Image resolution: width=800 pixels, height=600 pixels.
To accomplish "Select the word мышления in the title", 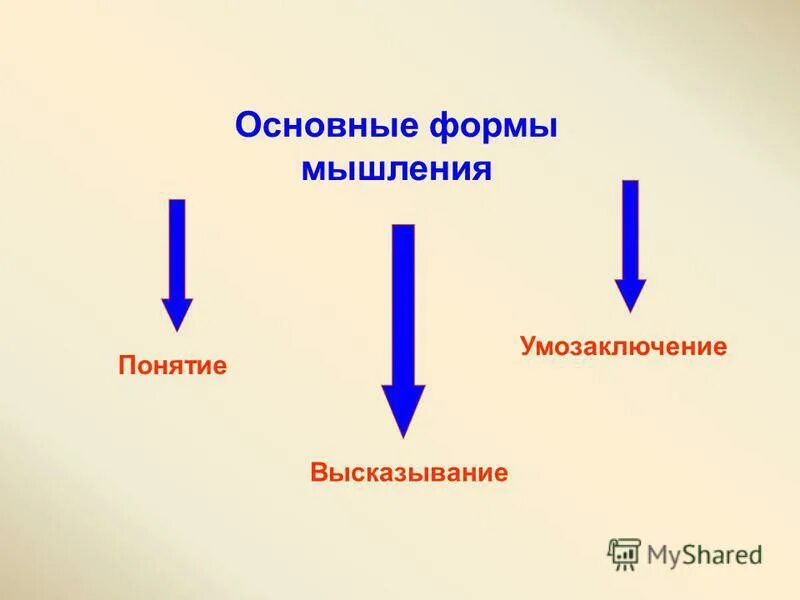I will point(397,167).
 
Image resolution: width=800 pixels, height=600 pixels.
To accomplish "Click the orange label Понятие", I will point(173,365).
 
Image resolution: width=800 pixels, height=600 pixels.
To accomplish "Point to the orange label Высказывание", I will point(409,471).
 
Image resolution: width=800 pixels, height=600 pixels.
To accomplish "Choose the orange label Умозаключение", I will point(622,347).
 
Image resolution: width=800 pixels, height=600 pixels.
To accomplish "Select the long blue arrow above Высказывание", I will point(403,320).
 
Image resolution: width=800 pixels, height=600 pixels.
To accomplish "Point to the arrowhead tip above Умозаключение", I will point(630,308).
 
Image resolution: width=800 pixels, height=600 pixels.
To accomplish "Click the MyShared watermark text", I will point(704,553).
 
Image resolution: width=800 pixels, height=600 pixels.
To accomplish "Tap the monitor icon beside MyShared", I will point(624,553).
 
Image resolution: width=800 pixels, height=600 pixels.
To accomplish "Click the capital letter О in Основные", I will point(246,127).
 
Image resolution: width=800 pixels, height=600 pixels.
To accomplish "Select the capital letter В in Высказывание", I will point(319,471).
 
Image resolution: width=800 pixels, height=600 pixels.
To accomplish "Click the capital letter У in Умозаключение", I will point(527,347).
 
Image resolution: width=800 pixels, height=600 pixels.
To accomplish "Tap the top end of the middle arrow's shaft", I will point(403,228).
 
